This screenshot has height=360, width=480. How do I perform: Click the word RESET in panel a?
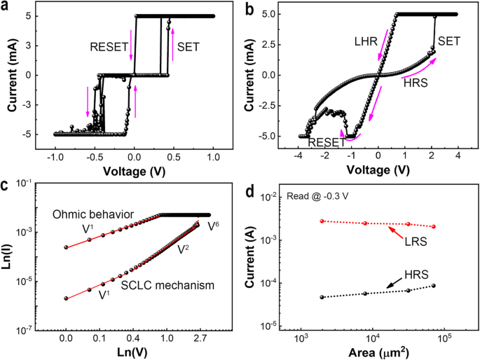109,48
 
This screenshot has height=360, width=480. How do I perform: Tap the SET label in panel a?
188,48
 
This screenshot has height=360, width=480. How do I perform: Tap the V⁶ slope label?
213,226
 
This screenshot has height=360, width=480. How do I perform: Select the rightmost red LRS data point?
434,226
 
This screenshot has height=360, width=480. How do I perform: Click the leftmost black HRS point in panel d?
322,297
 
